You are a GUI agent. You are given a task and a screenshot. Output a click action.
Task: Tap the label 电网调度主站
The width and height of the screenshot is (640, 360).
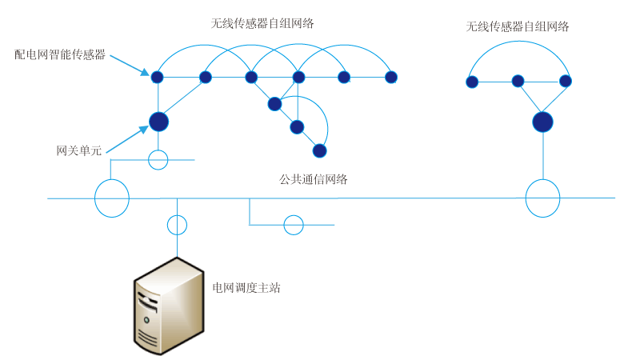pos(246,287)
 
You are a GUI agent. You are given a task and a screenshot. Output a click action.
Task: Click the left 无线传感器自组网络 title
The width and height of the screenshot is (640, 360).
pos(262,23)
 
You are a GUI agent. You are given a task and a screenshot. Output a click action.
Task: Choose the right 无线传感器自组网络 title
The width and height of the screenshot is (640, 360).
pos(518,26)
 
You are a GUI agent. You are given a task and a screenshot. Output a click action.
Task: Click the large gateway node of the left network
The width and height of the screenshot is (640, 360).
pos(158,122)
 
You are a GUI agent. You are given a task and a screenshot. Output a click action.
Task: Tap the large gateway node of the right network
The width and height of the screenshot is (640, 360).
pos(543,122)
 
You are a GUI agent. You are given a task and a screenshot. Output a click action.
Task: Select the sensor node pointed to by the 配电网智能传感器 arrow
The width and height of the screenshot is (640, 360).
pos(158,77)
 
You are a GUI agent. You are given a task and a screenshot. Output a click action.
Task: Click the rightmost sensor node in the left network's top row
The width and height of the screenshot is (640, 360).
pos(391,77)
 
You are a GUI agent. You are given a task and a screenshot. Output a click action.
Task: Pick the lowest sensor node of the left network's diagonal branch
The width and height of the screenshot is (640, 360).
pos(320,150)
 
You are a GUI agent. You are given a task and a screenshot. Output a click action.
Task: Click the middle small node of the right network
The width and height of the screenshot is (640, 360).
pos(518,81)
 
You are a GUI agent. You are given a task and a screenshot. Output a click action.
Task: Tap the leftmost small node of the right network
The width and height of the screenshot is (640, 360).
pos(472,81)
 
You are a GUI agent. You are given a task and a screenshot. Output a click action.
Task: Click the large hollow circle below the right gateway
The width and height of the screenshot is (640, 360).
pos(543,197)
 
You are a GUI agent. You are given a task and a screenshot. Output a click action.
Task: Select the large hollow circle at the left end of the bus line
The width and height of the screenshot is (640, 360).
pos(111,198)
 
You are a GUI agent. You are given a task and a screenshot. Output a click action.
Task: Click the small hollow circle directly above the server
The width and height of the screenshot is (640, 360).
pos(177,224)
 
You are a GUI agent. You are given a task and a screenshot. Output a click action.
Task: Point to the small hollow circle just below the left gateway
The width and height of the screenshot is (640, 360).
pos(158,159)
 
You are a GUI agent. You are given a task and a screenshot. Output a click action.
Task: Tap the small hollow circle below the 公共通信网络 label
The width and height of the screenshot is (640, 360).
pos(294,224)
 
